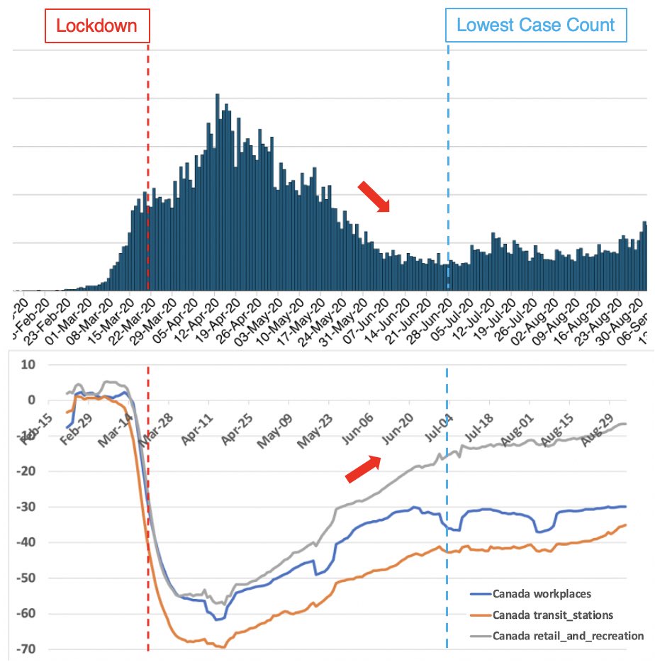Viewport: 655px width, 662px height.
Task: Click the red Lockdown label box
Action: tap(97, 26)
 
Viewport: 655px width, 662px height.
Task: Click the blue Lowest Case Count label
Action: tap(535, 26)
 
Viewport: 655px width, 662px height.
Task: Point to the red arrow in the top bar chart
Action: tap(374, 196)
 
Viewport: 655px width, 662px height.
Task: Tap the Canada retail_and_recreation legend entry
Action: tap(559, 635)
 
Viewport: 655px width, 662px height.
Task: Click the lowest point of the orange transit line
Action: tap(223, 647)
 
